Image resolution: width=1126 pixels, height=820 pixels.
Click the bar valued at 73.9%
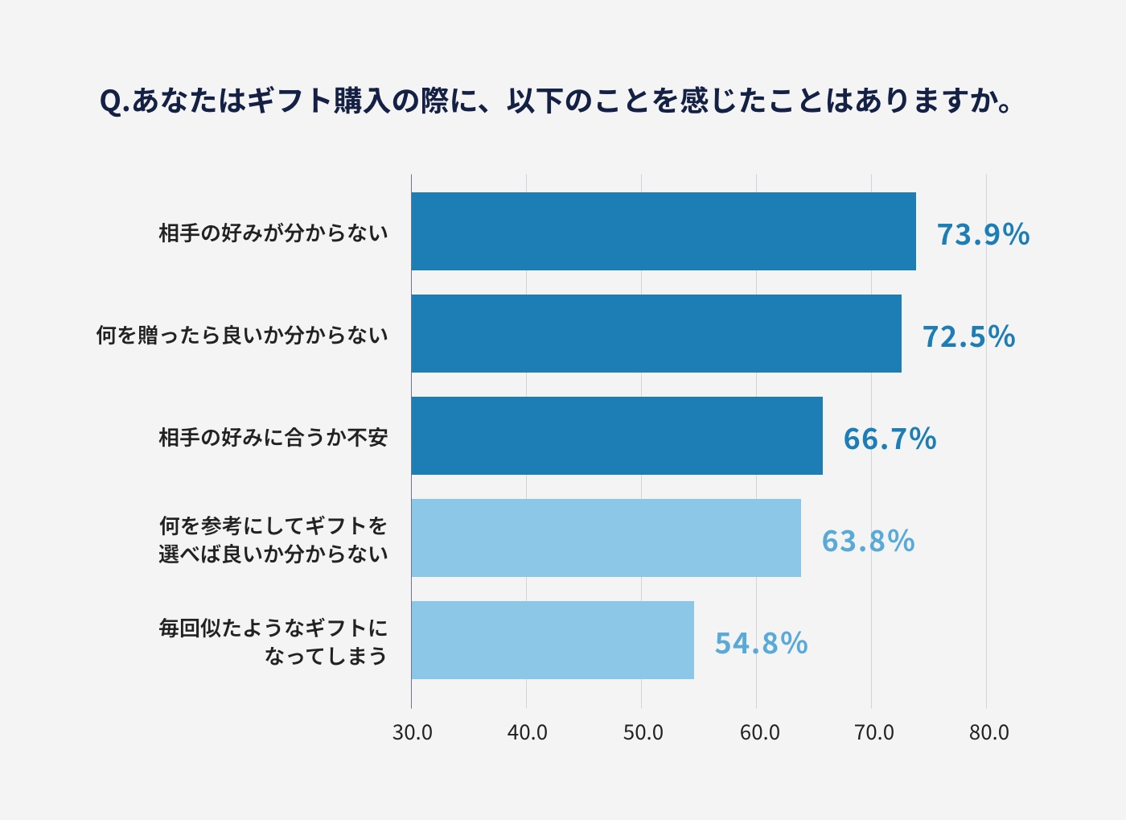(664, 232)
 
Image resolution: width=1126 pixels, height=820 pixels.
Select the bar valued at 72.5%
(656, 334)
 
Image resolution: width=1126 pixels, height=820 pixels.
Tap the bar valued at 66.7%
(617, 436)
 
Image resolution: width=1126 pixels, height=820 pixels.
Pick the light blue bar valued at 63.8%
(606, 538)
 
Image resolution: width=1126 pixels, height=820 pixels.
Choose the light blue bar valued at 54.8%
(553, 641)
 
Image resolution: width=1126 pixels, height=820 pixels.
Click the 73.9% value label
(983, 234)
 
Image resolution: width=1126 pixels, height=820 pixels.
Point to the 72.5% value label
(968, 336)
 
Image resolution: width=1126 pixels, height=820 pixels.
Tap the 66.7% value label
(890, 439)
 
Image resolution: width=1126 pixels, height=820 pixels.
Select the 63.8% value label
(868, 541)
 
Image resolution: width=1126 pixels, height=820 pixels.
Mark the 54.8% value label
(761, 643)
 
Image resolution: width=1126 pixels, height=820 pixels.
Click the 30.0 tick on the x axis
(412, 732)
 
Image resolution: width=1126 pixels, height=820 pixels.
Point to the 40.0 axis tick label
(527, 732)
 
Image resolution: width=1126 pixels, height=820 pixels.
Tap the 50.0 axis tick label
(643, 732)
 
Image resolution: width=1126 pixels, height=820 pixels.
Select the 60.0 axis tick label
(758, 732)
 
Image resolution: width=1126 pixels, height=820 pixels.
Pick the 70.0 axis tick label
(873, 732)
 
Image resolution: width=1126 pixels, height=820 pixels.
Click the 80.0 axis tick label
(988, 732)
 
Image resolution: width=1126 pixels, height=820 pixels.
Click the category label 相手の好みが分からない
(273, 233)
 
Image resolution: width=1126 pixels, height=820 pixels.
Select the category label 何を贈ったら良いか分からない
(242, 336)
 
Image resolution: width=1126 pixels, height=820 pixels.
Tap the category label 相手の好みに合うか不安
(273, 438)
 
